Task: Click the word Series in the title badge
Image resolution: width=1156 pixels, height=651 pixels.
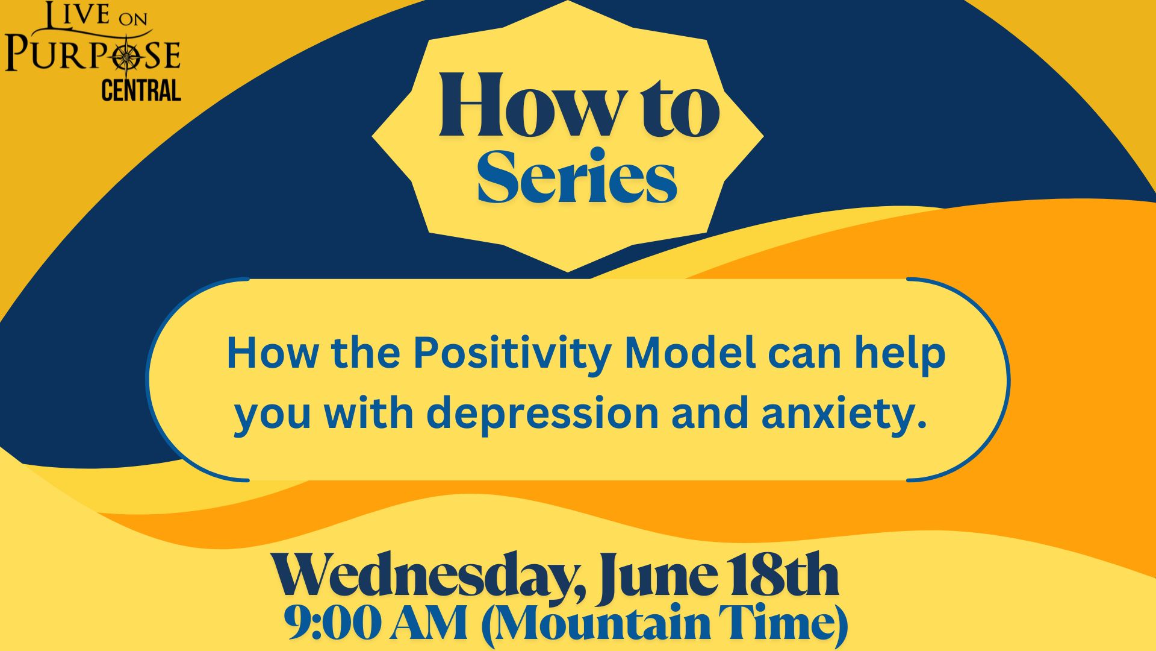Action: tap(577, 177)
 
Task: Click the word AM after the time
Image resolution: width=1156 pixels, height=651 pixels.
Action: tap(429, 624)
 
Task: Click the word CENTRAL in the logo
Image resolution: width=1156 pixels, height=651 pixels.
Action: tap(141, 90)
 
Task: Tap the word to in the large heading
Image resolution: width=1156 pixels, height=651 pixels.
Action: tap(675, 108)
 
